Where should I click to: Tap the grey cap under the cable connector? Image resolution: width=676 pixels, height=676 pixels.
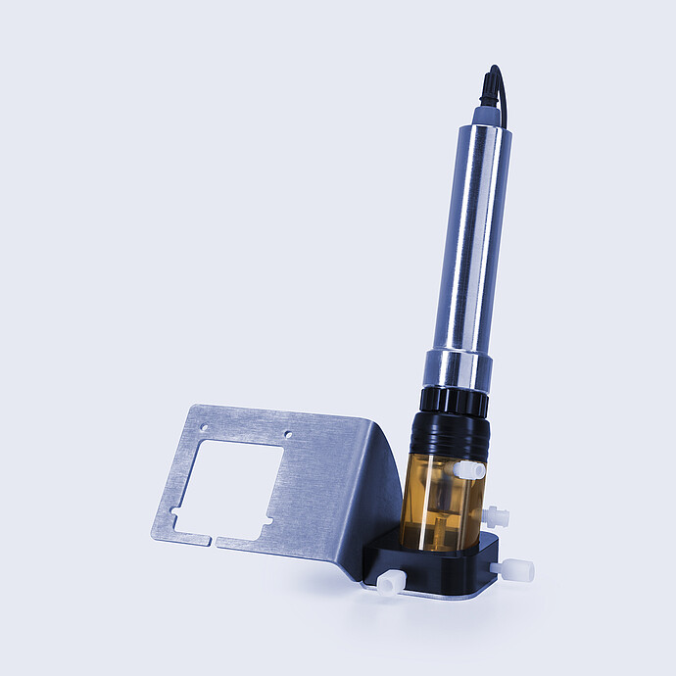486,116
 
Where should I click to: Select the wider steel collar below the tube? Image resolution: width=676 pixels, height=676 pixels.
458,370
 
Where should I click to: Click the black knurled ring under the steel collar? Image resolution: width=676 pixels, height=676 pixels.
455,400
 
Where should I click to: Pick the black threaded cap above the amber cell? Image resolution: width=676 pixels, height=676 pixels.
449,435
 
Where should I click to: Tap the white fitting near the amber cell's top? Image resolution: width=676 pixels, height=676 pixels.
469,470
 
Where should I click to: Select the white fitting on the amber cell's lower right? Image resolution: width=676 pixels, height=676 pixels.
497,515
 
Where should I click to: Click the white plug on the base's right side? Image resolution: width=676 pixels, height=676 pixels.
514,569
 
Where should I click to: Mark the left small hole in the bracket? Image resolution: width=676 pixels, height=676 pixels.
204,427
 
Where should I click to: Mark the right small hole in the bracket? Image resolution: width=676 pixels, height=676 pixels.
287,433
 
